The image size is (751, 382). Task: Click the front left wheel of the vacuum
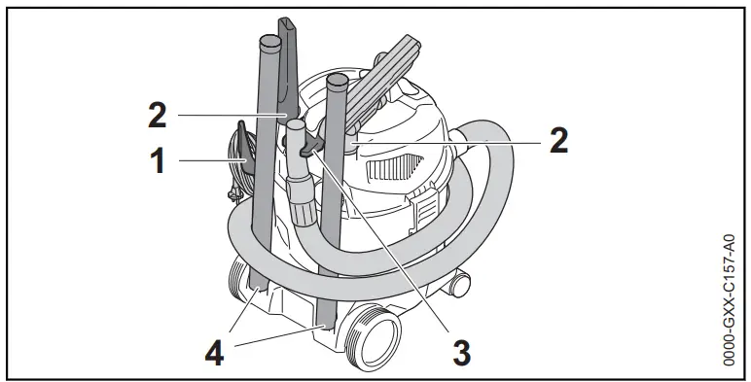(236, 283)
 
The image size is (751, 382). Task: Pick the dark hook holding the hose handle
(309, 146)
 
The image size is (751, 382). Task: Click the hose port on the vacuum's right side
(474, 151)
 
